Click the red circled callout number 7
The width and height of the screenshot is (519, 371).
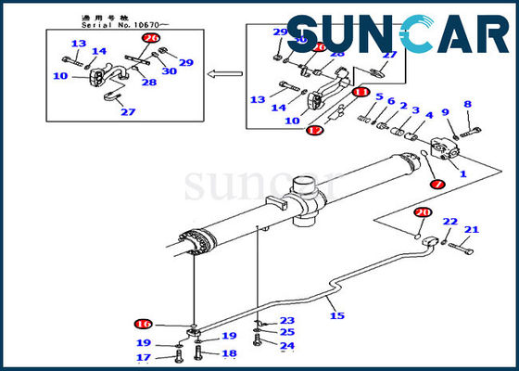pos(437,185)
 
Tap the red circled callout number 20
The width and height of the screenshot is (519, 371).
pos(422,212)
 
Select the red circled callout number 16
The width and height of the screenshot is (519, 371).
pos(143,324)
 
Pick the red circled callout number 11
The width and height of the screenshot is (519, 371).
pos(361,93)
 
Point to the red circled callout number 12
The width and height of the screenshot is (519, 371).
pos(316,132)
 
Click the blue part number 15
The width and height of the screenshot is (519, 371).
pos(337,316)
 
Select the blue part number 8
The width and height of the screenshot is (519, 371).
pos(467,104)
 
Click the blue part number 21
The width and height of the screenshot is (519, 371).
pos(471,229)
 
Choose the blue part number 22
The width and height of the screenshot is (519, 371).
pos(449,222)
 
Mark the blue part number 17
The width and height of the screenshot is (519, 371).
pos(144,357)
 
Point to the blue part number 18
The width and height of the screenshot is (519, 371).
pos(229,353)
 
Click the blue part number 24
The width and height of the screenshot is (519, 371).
pos(287,346)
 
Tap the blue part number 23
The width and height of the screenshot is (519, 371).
pos(287,321)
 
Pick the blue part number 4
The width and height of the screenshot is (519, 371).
pos(428,116)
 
